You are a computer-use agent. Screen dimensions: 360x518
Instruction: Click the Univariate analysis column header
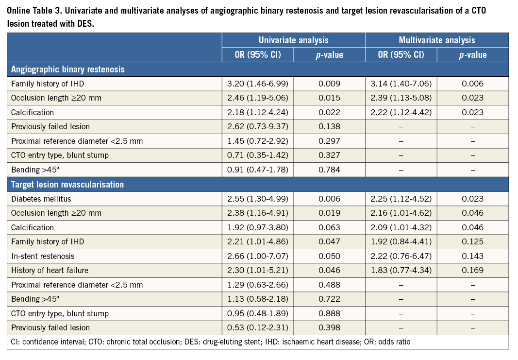293,40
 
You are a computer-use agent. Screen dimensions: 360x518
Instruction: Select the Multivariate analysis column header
436,40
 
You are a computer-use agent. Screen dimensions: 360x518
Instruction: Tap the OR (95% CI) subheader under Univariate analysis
258,55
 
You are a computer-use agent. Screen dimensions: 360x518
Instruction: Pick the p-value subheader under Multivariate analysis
472,55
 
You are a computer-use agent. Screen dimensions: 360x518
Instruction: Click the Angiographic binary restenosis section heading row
68,69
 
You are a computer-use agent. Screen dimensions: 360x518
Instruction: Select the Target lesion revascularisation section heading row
67,184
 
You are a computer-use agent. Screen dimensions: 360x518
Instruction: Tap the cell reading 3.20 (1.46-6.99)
258,84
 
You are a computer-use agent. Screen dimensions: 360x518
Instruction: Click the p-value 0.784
329,170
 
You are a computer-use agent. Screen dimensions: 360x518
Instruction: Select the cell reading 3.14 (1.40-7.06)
401,84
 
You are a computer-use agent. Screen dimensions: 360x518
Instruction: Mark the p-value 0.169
472,271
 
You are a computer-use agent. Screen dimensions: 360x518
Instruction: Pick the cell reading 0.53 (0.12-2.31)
258,328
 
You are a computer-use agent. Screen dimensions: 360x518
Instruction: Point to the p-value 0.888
329,313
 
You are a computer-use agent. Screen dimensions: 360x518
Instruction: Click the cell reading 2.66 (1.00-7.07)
258,256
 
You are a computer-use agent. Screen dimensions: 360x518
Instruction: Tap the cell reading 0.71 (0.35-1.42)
258,155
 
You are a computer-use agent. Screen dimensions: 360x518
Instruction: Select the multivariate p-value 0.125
472,242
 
